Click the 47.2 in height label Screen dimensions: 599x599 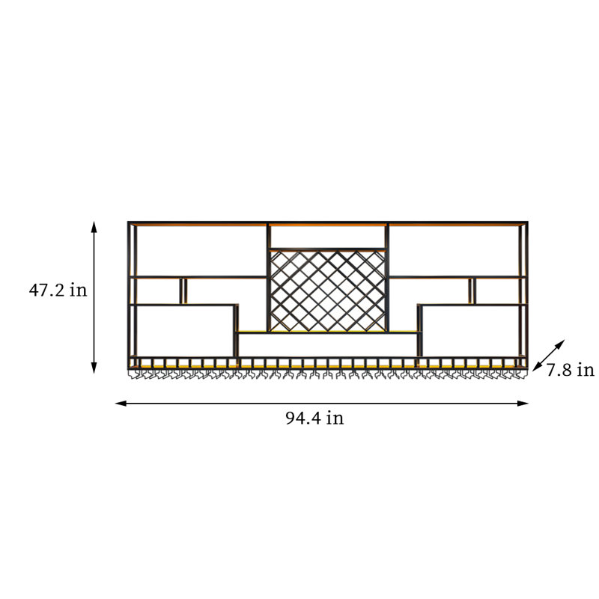[58, 291]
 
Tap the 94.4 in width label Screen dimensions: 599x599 [314, 418]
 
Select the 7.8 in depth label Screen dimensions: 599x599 [570, 370]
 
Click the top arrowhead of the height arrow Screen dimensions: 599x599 [94, 226]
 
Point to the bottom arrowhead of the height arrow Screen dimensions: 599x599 [94, 368]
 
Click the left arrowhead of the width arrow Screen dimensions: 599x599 [121, 404]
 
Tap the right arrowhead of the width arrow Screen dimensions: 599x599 [523, 404]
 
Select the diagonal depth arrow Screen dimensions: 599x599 [549, 355]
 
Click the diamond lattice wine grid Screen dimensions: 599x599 [328, 291]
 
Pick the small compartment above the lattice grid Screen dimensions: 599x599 [328, 237]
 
